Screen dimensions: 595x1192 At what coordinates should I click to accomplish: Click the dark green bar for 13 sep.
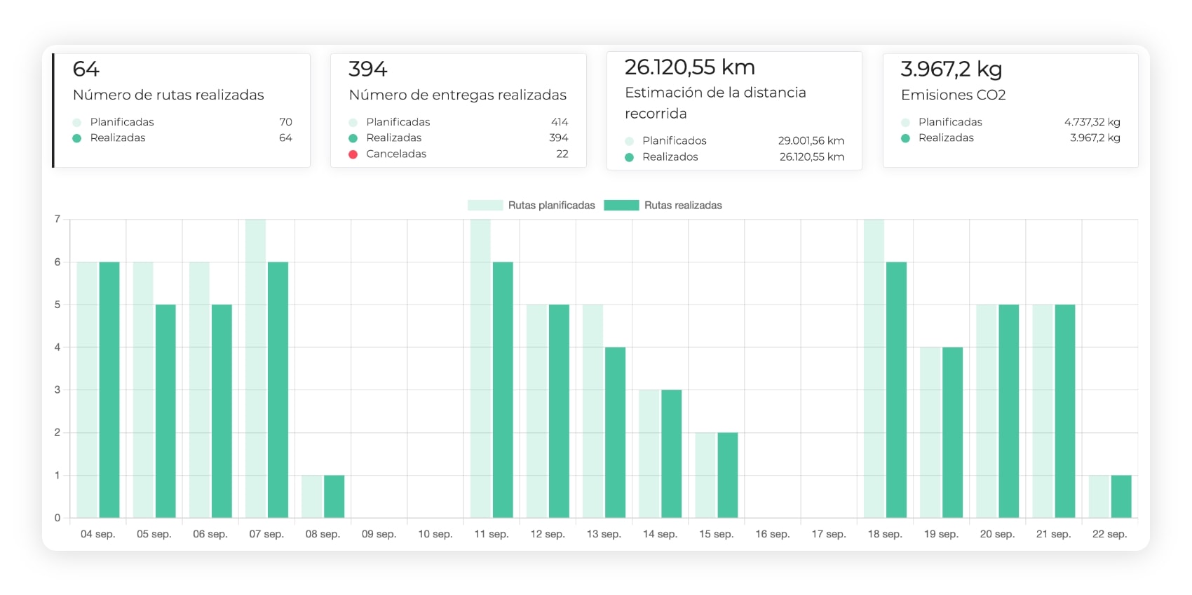[x=615, y=432]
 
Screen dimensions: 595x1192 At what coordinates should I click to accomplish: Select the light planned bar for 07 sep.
[x=256, y=368]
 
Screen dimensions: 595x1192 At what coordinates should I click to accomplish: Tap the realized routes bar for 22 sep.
[x=1120, y=497]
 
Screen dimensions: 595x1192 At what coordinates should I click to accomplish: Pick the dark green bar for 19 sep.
[x=952, y=432]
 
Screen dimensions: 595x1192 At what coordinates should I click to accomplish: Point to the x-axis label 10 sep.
[x=435, y=534]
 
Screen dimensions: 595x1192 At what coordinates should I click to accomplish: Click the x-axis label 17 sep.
[x=829, y=534]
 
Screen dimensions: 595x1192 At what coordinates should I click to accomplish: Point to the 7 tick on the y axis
[x=57, y=219]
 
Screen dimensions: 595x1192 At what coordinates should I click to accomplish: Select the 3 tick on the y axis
[x=57, y=389]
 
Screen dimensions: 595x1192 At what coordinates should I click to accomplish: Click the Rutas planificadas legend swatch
[x=485, y=205]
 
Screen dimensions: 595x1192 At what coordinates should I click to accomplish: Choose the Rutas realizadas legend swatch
[x=621, y=205]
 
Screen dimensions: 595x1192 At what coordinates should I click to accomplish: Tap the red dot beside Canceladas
[x=353, y=154]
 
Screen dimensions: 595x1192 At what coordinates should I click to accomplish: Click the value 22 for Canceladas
[x=562, y=154]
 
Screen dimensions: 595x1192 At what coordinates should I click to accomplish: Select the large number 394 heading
[x=368, y=69]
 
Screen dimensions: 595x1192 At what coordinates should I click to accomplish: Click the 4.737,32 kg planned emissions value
[x=1092, y=122]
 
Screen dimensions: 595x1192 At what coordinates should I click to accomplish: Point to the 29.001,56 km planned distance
[x=811, y=141]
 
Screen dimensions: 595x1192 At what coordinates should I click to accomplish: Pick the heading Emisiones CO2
[x=953, y=95]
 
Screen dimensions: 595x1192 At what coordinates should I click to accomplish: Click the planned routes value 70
[x=285, y=122]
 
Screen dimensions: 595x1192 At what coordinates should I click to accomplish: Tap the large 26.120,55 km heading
[x=689, y=67]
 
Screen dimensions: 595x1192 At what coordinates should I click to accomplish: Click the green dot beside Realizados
[x=629, y=157]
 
